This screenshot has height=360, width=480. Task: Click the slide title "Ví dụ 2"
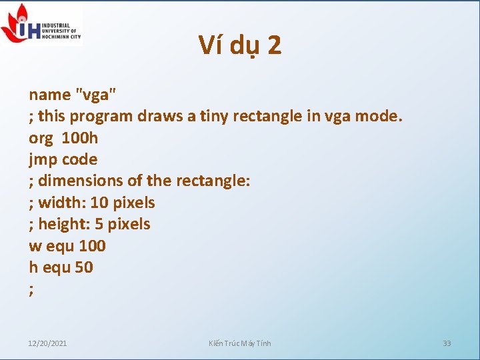pyautogui.click(x=240, y=45)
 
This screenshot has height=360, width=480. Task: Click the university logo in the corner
pyautogui.click(x=41, y=24)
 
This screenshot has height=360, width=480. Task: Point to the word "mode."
pyautogui.click(x=379, y=116)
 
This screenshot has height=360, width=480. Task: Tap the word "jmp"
pyautogui.click(x=43, y=159)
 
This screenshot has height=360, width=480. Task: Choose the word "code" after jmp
pyautogui.click(x=79, y=159)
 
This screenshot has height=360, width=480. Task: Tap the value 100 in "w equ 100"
pyautogui.click(x=92, y=245)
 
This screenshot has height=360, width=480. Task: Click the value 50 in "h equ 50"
pyautogui.click(x=85, y=267)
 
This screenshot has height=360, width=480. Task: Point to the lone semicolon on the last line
pyautogui.click(x=31, y=289)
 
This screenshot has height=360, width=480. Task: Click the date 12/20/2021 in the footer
pyautogui.click(x=47, y=343)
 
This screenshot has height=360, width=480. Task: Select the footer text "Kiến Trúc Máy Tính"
pyautogui.click(x=240, y=343)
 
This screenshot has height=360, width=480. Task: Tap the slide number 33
pyautogui.click(x=447, y=343)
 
